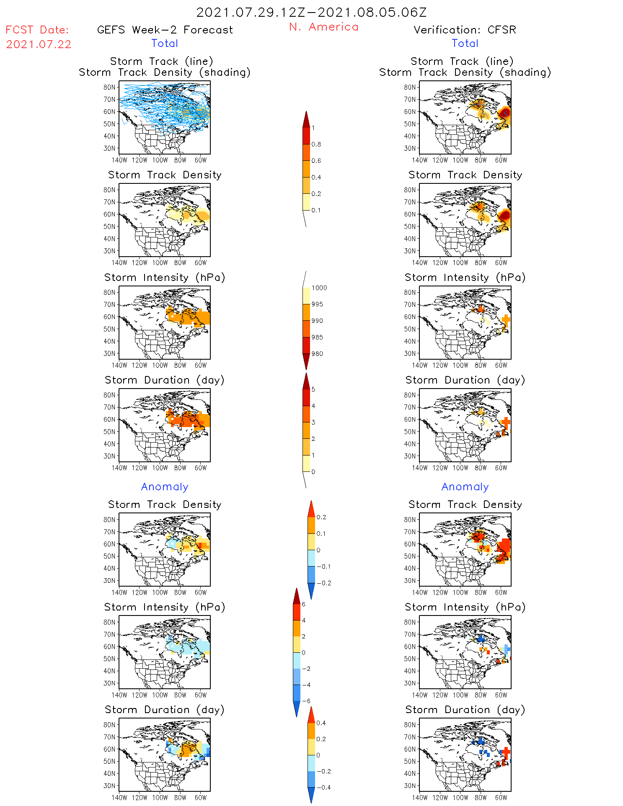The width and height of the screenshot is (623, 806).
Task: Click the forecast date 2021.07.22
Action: click(x=39, y=44)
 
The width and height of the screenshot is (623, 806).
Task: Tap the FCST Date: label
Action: click(x=37, y=30)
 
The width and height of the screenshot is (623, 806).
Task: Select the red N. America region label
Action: click(x=323, y=27)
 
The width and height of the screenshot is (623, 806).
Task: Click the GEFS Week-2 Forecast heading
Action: click(x=165, y=30)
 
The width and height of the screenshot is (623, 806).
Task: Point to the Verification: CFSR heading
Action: click(x=465, y=30)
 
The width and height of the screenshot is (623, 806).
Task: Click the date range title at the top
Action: click(x=311, y=12)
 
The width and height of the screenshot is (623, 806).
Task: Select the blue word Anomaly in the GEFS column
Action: click(x=165, y=487)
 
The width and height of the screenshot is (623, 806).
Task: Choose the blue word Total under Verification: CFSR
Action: click(x=465, y=43)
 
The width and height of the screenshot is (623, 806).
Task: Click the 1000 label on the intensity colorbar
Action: click(x=319, y=288)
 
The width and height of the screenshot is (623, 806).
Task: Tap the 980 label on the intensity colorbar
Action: click(x=317, y=353)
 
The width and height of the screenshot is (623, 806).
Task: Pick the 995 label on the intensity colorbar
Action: click(x=317, y=304)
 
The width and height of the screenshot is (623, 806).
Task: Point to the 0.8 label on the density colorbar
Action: click(x=316, y=144)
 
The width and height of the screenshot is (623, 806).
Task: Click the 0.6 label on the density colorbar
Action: click(x=316, y=161)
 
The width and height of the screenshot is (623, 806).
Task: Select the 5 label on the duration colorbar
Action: click(x=313, y=389)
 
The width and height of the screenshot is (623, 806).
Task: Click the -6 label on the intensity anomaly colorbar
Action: click(x=306, y=701)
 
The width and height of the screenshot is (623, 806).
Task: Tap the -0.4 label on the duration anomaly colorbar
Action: click(x=323, y=787)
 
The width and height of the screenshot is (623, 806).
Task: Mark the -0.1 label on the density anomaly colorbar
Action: click(x=323, y=567)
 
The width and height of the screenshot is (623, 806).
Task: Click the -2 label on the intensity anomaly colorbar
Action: click(x=306, y=669)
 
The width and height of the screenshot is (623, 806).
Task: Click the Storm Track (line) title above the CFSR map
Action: click(x=462, y=61)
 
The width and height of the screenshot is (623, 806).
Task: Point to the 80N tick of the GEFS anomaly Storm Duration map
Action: click(x=109, y=725)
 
